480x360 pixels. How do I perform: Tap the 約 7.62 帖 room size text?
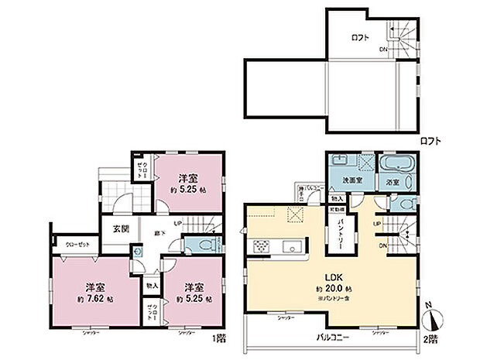pos(95,297)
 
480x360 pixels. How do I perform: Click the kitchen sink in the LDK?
pos(290,247)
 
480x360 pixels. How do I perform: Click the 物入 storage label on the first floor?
pos(152,286)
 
